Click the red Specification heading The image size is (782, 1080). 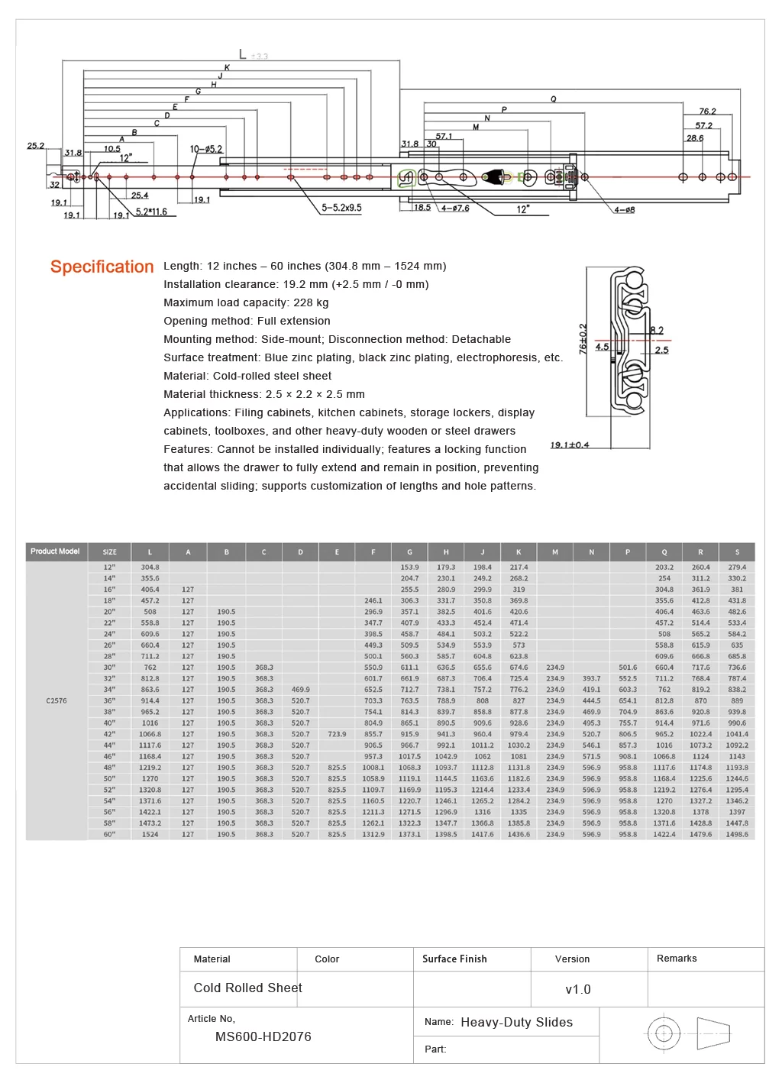click(102, 267)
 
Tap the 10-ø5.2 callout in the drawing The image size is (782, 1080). click(206, 149)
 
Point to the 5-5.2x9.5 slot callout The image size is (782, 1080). click(341, 208)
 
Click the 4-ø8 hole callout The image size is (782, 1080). click(625, 210)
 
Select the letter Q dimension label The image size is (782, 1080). click(554, 99)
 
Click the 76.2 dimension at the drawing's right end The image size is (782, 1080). click(707, 112)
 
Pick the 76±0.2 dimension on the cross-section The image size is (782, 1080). click(583, 339)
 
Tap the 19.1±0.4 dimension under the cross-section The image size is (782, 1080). click(570, 445)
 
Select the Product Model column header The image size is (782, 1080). click(55, 551)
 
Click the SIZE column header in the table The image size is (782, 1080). click(109, 552)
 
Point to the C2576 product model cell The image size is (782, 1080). click(57, 700)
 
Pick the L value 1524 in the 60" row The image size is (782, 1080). click(150, 834)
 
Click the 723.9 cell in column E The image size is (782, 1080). click(337, 734)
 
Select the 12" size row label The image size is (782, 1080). click(109, 567)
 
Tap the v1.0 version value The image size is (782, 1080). click(578, 989)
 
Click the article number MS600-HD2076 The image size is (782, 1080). click(263, 1036)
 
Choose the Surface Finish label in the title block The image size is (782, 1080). click(454, 959)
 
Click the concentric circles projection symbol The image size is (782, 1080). click(664, 1033)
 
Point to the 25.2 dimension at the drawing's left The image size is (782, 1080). click(36, 146)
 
